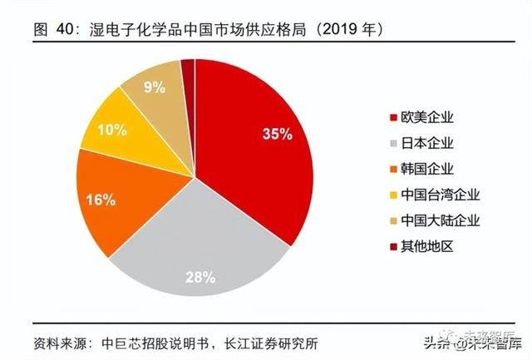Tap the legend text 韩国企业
[428, 169]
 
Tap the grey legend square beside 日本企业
[392, 143]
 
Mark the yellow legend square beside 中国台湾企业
[392, 196]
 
